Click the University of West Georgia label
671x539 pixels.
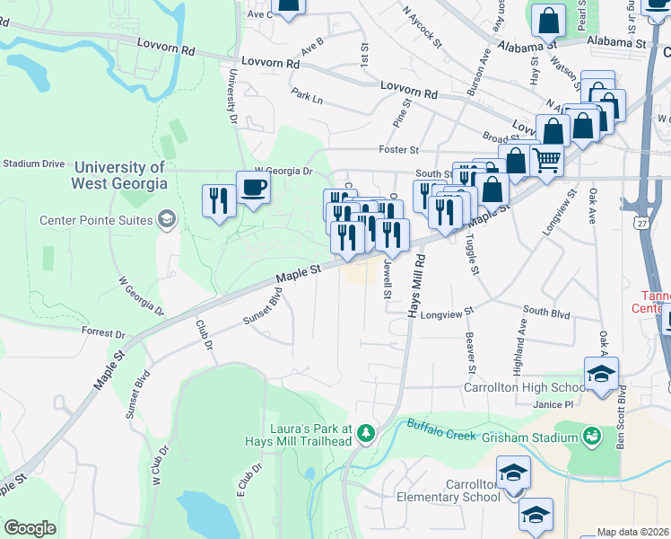pyautogui.click(x=120, y=175)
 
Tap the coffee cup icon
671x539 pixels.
pyautogui.click(x=252, y=188)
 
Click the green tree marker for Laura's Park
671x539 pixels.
pyautogui.click(x=365, y=435)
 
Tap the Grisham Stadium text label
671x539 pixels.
pyautogui.click(x=528, y=437)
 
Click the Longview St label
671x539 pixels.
pyautogui.click(x=446, y=314)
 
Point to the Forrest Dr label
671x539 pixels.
pyautogui.click(x=102, y=333)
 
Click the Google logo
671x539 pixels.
pyautogui.click(x=30, y=528)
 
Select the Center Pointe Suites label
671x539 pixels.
pyautogui.click(x=94, y=220)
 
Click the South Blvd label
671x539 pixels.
pyautogui.click(x=546, y=312)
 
